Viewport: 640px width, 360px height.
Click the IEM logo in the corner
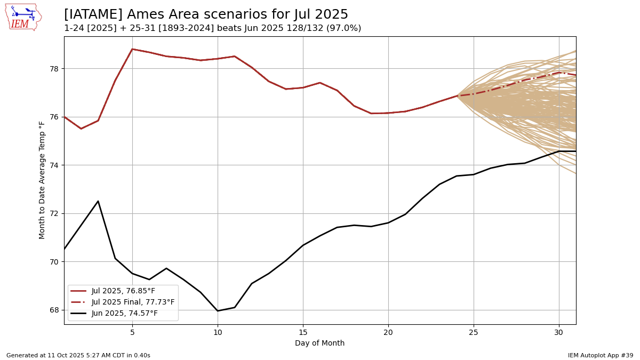(23, 17)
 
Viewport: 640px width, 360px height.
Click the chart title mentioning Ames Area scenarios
(206, 15)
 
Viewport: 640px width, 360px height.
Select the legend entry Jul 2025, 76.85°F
(123, 291)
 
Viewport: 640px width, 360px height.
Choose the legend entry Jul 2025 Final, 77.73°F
(133, 302)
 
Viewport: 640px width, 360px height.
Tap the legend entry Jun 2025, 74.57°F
(124, 314)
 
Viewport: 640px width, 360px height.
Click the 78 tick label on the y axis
(54, 69)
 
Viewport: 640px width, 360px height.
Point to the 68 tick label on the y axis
(54, 310)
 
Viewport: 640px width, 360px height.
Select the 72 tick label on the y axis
(54, 214)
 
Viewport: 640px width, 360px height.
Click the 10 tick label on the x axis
(218, 332)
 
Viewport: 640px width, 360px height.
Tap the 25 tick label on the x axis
(474, 332)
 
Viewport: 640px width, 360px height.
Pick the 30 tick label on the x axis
(559, 332)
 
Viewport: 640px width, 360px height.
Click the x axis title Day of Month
(319, 343)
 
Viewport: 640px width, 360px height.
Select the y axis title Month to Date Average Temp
(42, 180)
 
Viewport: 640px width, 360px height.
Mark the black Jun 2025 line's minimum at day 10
(218, 310)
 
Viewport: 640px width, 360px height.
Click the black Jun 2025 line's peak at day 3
(98, 201)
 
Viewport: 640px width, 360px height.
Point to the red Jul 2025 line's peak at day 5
(132, 49)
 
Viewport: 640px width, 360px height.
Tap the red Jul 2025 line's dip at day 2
(81, 129)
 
